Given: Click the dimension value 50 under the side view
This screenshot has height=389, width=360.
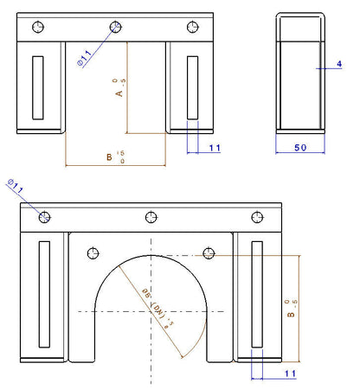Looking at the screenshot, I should tap(301, 149).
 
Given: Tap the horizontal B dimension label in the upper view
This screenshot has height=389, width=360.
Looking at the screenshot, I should tap(109, 156).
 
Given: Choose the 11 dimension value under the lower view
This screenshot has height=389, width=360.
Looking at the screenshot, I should tap(289, 373).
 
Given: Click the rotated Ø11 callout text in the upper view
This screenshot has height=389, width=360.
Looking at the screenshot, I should tap(83, 58).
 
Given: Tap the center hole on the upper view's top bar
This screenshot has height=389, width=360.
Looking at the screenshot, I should tap(114, 27).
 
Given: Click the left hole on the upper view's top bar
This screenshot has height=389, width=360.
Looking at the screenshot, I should tap(35, 27).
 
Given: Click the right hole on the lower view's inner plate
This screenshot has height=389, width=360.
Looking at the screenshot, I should tap(209, 252).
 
